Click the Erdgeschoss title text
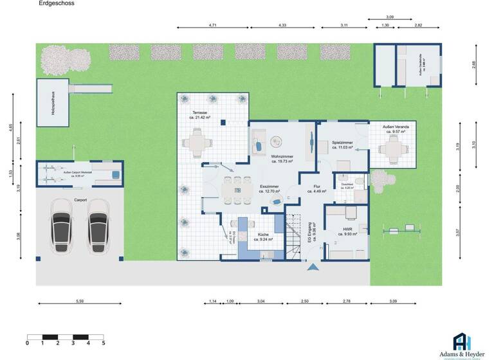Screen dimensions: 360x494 pos(57,3)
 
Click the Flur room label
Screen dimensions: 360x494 pos(316,187)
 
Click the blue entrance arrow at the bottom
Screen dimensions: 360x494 pos(313,267)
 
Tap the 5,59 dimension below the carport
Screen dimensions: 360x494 pos(80,301)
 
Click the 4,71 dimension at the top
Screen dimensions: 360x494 pos(212,24)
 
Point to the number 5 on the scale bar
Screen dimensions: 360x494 pos(104,344)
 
